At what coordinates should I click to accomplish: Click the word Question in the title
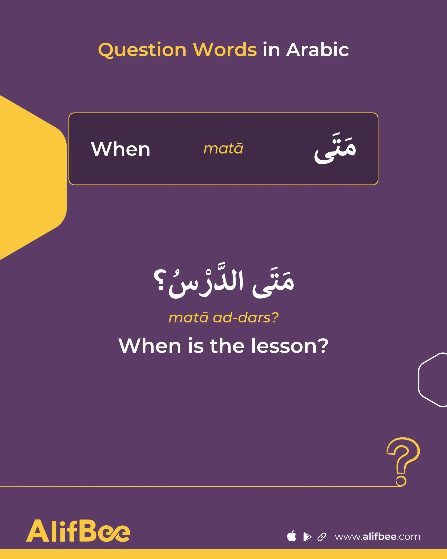coord(142,50)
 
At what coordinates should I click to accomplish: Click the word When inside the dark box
coord(120,149)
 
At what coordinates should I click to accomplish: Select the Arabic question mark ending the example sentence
coord(159,280)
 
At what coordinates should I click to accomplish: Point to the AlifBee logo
coord(78,531)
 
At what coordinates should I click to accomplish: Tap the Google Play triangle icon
coord(307,537)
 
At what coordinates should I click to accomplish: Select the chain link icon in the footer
coord(322,537)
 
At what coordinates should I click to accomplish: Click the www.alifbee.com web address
coord(378,537)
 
